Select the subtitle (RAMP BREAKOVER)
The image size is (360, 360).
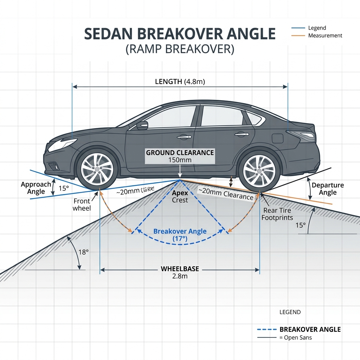click(x=180, y=49)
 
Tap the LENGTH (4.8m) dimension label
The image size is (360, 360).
click(x=180, y=82)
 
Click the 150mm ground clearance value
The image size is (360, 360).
click(x=180, y=160)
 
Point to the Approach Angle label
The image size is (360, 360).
click(x=36, y=188)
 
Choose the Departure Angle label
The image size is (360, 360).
click(x=328, y=189)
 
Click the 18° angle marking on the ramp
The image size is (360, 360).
click(x=83, y=252)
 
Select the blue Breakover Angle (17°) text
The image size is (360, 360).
click(x=180, y=235)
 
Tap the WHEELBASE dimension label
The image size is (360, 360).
click(x=180, y=269)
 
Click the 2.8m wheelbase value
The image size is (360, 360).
click(x=180, y=276)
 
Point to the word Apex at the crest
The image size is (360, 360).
click(x=180, y=193)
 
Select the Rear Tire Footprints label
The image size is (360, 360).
click(x=277, y=214)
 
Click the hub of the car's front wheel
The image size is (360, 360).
click(x=97, y=169)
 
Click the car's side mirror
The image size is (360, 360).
click(x=142, y=125)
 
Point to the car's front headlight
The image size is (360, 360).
click(x=63, y=144)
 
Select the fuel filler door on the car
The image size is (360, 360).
click(x=277, y=138)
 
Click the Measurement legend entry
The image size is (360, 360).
click(x=325, y=36)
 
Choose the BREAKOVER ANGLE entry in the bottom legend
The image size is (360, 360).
click(x=310, y=329)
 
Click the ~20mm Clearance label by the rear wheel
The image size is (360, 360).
click(x=226, y=193)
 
